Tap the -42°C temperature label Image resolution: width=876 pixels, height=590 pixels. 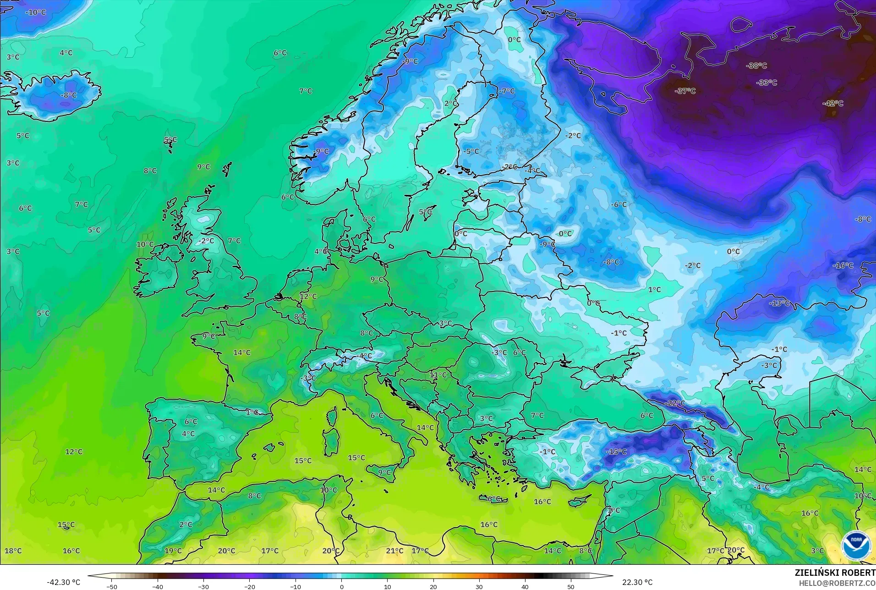(832, 104)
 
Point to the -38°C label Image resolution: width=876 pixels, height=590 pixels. (756, 66)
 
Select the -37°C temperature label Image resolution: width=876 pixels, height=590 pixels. (685, 91)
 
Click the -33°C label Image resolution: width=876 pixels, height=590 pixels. (767, 83)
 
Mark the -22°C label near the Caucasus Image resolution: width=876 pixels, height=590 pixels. (675, 403)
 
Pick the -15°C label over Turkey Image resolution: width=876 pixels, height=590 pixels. (616, 452)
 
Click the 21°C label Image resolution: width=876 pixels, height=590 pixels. (394, 551)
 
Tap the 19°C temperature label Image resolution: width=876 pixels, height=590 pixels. (173, 551)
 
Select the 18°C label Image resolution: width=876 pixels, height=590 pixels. (13, 551)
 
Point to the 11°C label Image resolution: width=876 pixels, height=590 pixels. (438, 375)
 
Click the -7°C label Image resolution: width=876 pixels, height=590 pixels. (507, 91)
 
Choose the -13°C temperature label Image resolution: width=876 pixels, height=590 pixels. (779, 303)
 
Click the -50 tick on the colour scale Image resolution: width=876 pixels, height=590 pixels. (112, 586)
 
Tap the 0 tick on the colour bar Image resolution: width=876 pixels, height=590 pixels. (341, 586)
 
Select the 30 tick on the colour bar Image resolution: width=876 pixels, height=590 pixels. (479, 586)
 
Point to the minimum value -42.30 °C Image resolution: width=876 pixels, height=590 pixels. (63, 582)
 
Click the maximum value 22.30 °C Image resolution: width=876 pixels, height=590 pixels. (637, 582)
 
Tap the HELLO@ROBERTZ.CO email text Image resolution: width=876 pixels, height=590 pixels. (837, 584)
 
